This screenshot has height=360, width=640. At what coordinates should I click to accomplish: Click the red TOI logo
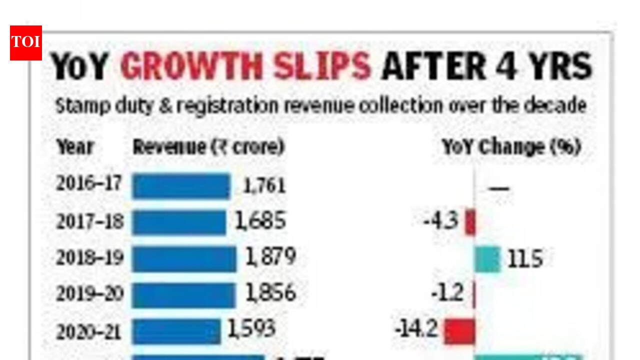(26, 43)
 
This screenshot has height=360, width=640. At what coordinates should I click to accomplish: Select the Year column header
(75, 147)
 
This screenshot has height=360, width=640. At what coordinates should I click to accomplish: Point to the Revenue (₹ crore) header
(208, 147)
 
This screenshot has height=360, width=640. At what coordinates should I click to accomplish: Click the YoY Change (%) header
(511, 147)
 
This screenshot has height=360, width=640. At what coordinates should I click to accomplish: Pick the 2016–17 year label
(88, 184)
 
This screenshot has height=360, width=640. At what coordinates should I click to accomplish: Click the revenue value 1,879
(270, 257)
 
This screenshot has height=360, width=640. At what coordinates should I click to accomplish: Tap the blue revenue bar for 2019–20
(183, 295)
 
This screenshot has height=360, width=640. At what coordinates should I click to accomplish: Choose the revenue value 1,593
(251, 328)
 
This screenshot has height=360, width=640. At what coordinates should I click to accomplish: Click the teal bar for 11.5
(487, 259)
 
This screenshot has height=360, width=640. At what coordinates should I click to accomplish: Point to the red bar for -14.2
(459, 331)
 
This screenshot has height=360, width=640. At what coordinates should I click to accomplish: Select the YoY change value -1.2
(447, 293)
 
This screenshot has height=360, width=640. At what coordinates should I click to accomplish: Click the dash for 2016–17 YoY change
(499, 188)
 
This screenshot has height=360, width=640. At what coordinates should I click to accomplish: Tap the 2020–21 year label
(88, 331)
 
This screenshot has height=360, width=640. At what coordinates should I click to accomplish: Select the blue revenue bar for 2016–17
(181, 186)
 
